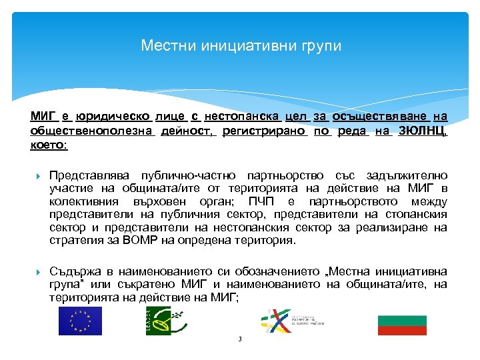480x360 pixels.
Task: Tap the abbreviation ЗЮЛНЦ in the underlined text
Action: point(423,131)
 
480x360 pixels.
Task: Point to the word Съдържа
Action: point(74,271)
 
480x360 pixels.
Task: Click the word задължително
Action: point(407,175)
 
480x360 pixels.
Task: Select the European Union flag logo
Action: point(80,321)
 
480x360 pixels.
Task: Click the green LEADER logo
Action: point(158,321)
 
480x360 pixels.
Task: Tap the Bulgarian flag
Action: point(402,325)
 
